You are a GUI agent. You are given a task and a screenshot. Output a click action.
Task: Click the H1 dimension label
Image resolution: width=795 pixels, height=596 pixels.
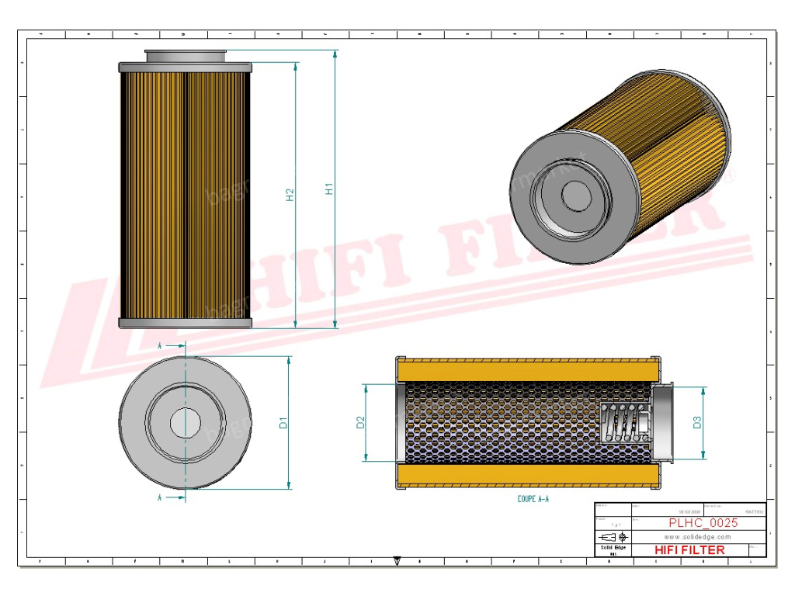(329, 189)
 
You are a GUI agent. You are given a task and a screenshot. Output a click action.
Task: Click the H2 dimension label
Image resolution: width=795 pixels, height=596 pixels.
(290, 195)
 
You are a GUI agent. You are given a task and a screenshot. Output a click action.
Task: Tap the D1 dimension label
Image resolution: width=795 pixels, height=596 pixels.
(283, 423)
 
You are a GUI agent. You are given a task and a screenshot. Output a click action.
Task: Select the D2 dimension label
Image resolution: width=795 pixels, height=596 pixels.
(360, 423)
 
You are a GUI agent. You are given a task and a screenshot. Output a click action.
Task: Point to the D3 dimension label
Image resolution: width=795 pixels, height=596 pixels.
(697, 422)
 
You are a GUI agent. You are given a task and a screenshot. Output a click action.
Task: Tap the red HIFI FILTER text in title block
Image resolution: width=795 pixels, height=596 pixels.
(689, 549)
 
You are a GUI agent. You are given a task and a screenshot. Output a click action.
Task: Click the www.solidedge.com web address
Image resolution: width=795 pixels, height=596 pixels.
(698, 536)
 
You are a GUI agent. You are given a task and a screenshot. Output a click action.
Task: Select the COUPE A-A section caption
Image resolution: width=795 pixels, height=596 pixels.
(533, 499)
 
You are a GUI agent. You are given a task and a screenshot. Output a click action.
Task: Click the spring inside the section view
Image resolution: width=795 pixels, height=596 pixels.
(625, 424)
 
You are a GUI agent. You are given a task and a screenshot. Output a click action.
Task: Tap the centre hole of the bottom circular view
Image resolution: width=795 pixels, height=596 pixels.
(186, 423)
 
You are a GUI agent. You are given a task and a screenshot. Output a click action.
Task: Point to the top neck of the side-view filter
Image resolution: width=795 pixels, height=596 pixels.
(186, 56)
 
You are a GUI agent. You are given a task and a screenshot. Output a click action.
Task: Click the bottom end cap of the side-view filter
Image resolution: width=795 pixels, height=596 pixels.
(186, 322)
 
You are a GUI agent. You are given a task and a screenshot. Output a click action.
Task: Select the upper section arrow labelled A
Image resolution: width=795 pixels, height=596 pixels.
(172, 345)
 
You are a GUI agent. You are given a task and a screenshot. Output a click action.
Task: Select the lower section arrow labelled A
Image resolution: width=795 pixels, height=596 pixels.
(172, 497)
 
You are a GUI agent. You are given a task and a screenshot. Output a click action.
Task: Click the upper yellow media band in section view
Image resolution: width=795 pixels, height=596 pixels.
(528, 370)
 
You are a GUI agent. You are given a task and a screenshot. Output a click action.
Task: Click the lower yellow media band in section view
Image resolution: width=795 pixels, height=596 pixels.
(528, 475)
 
